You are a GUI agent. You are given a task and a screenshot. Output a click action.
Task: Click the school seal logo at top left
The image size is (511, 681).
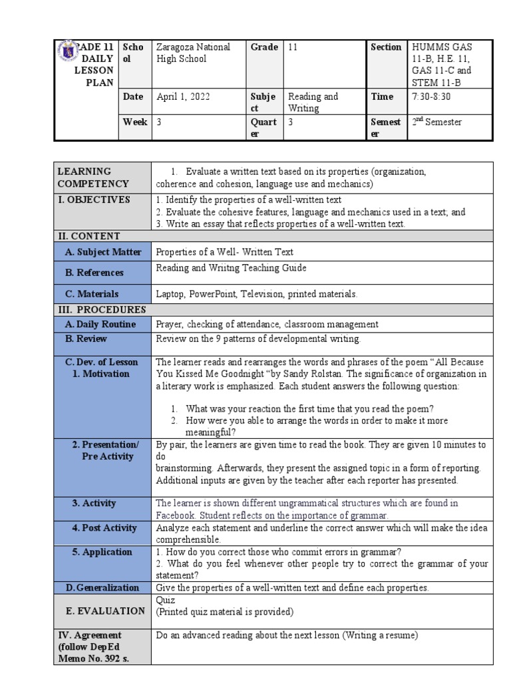coord(67,52)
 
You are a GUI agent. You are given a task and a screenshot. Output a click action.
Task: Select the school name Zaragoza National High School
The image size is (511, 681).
coord(192,53)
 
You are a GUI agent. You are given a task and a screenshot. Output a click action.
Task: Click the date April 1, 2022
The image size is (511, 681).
coord(183,96)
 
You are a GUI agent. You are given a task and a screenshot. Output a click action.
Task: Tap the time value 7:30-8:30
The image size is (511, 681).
coord(432,96)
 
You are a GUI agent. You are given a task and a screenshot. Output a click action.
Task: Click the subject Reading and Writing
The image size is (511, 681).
coord(313,102)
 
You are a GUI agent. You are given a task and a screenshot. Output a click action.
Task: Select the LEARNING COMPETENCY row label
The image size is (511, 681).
coord(93,178)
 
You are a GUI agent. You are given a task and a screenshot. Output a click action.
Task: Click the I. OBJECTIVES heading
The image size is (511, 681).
coord(94,200)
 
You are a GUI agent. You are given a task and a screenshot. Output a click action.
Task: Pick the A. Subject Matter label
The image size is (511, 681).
coord(103,252)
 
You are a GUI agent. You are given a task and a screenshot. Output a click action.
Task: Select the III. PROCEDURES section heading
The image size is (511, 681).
coord(100,310)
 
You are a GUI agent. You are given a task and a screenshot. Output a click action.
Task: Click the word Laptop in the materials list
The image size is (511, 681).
coord(170,294)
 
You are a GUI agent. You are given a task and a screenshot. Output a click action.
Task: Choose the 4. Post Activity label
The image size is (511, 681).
coord(104,528)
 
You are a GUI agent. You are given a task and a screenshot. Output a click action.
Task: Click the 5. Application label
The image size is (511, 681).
coord(102,552)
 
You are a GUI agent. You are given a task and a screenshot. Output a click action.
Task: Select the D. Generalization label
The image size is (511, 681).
coord(102,588)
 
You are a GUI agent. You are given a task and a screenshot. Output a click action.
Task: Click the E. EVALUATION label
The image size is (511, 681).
coord(105,611)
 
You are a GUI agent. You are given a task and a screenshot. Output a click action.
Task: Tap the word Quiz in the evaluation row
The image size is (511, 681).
coord(166,600)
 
